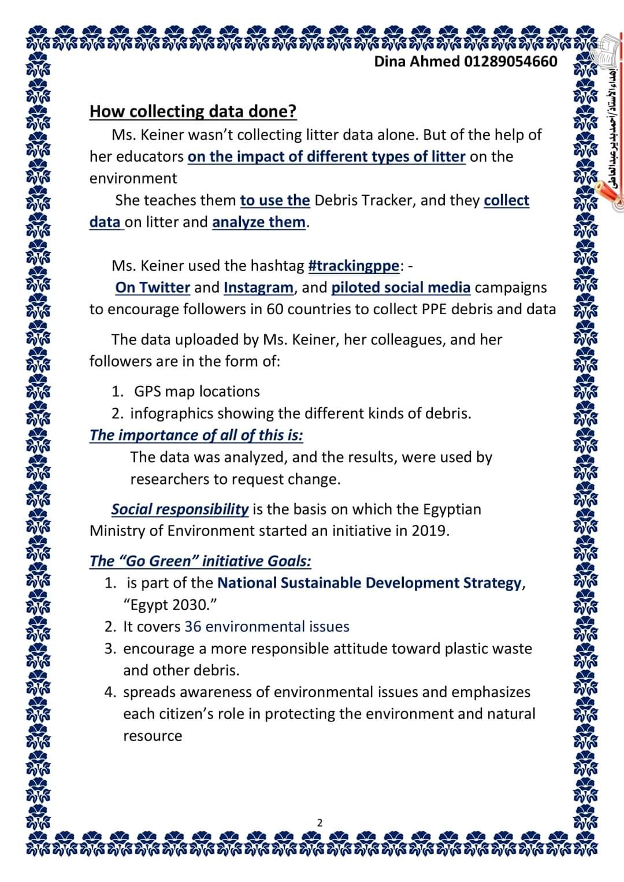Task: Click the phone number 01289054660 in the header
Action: pos(511,61)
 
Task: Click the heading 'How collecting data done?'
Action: pos(193,111)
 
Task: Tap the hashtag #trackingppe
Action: pos(354,266)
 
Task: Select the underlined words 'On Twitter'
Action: pos(153,288)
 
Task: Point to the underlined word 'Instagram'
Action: pos(258,288)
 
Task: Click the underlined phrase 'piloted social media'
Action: pos(400,288)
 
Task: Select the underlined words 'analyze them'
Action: pos(258,222)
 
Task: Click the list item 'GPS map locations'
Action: pos(196,392)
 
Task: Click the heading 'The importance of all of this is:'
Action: pos(196,435)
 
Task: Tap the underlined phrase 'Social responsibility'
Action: pos(180,509)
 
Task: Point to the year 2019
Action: pos(429,531)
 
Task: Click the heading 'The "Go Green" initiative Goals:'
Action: pos(200,561)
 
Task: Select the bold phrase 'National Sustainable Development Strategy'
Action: pos(369,583)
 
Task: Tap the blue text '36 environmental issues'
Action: pos(267,627)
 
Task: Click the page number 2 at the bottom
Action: pos(320,823)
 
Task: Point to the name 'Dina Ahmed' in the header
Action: pos(417,61)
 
